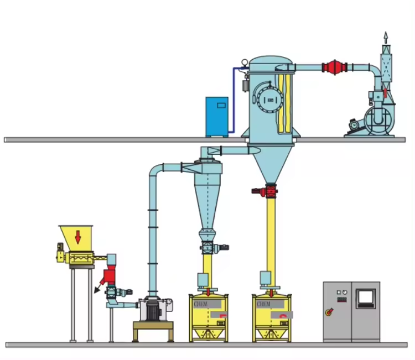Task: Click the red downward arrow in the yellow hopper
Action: [78, 237]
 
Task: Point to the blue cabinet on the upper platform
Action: [216, 117]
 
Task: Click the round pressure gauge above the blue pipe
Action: [244, 62]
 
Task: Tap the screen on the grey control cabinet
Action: [366, 298]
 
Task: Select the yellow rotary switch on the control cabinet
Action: [329, 312]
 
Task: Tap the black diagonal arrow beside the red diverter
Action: [98, 289]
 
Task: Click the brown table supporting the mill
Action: [153, 331]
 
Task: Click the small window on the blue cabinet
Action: [220, 103]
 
